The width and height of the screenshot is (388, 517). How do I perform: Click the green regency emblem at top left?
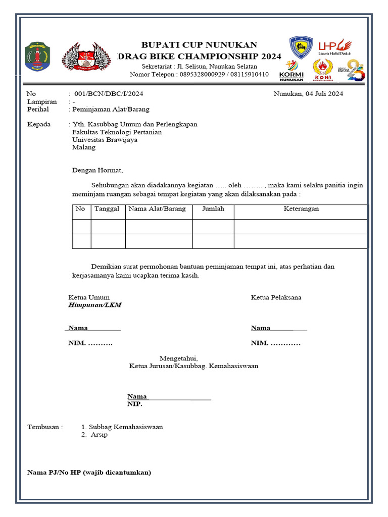tap(37, 56)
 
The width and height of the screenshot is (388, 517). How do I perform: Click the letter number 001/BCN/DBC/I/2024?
tap(109, 94)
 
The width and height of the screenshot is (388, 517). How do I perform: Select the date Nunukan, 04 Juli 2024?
tap(308, 94)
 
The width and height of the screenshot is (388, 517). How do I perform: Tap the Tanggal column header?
tap(107, 209)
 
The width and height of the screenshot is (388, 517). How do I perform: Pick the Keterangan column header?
tap(301, 209)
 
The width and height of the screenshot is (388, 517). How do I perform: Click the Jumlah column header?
tap(213, 209)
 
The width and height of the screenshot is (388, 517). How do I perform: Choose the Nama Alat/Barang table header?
tap(157, 209)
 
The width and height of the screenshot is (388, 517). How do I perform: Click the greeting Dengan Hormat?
tap(97, 171)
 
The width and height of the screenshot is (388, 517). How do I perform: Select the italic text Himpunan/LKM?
tap(95, 305)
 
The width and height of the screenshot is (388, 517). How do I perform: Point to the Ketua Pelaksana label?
tap(276, 297)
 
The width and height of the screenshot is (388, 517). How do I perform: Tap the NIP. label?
tap(134, 404)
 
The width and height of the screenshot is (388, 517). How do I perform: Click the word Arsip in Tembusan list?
tap(99, 435)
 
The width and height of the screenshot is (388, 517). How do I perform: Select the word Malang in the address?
tap(83, 148)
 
